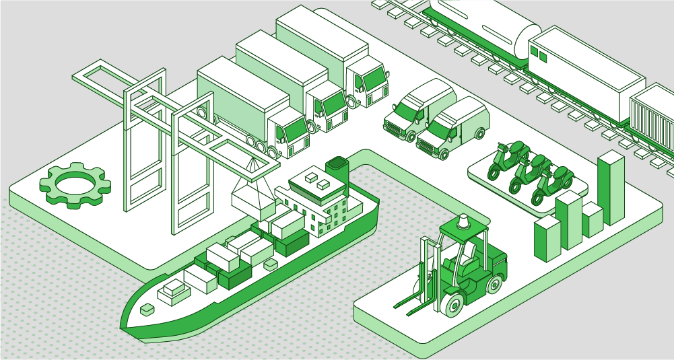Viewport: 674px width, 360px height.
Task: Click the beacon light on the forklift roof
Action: [x=463, y=221]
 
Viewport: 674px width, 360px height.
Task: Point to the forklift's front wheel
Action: [x=453, y=305]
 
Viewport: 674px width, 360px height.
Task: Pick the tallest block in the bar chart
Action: [x=611, y=188]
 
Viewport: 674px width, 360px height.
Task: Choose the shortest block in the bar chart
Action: [x=592, y=220]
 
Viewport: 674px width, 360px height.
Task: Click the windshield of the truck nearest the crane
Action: [x=296, y=129]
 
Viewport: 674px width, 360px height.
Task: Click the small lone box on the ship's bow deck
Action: [x=147, y=309]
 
